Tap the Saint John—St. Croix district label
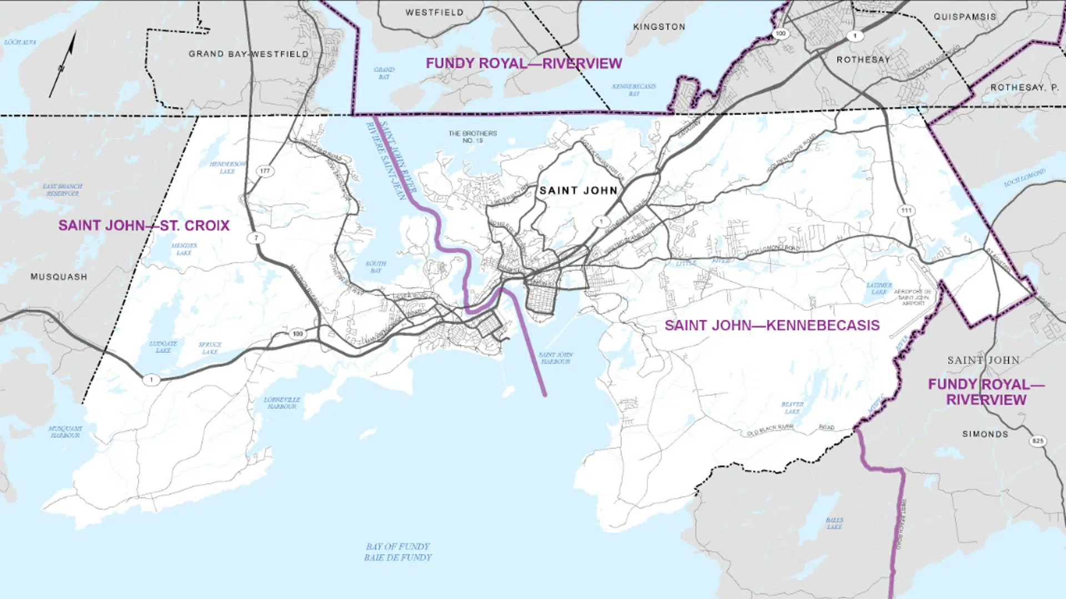click(x=144, y=226)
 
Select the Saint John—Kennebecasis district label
click(x=772, y=326)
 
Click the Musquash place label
click(x=59, y=277)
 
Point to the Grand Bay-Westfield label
click(x=248, y=54)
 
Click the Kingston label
click(x=659, y=27)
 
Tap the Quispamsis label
click(x=964, y=17)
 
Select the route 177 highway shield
click(x=265, y=171)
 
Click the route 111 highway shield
click(x=906, y=210)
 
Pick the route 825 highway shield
click(x=1038, y=441)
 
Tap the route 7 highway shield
click(x=256, y=238)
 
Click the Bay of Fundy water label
click(x=398, y=552)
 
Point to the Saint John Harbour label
click(x=555, y=358)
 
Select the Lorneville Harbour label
click(x=281, y=403)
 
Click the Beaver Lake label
click(x=792, y=408)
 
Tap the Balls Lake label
click(x=834, y=523)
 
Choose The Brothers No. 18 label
click(x=472, y=136)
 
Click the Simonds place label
click(x=985, y=434)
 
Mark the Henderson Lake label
click(x=227, y=167)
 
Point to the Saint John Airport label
click(x=912, y=297)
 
